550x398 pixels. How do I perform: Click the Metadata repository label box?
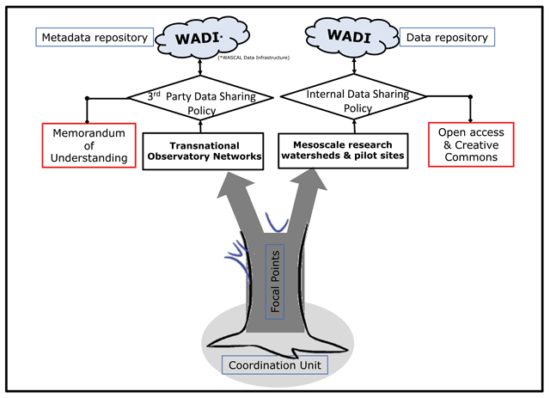(95, 38)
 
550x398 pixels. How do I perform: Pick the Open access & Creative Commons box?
(470, 144)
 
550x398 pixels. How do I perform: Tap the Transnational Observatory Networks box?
(201, 151)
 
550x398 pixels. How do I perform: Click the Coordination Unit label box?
(273, 364)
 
